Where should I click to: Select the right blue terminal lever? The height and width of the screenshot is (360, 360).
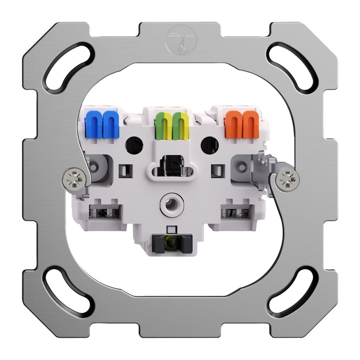click(110, 124)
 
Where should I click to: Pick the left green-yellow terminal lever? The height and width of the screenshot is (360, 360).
click(163, 126)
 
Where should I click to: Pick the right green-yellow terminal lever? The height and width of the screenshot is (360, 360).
click(180, 126)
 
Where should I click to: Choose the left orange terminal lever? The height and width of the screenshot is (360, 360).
click(233, 124)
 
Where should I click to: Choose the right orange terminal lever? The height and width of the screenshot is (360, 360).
click(250, 124)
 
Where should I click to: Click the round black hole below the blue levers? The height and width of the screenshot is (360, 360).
click(134, 145)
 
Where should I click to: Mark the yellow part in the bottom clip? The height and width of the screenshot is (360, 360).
click(171, 242)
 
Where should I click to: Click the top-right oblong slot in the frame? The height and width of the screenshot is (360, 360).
click(290, 66)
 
